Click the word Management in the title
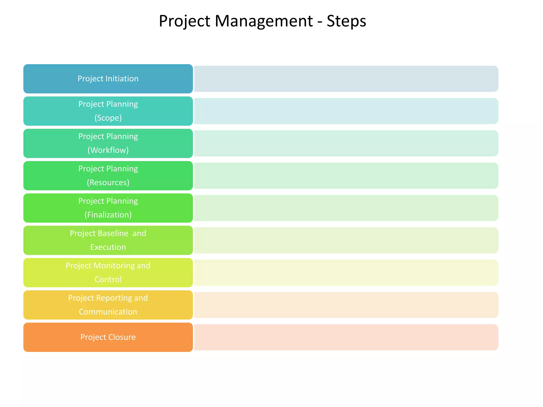(x=264, y=21)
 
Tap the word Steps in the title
(x=346, y=21)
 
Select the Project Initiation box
(x=108, y=79)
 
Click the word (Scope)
(x=108, y=118)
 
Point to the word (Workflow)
(x=108, y=150)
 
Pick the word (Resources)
(x=108, y=182)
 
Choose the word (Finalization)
(x=108, y=215)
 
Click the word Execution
(x=108, y=247)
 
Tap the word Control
(x=108, y=279)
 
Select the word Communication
(x=108, y=312)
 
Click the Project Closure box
(x=108, y=337)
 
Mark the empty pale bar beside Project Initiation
(x=346, y=79)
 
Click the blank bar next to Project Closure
(x=346, y=337)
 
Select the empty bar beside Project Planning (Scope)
(x=346, y=111)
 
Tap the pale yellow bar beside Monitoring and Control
(x=346, y=273)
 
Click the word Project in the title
(x=185, y=21)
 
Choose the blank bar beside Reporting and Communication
(x=346, y=305)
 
